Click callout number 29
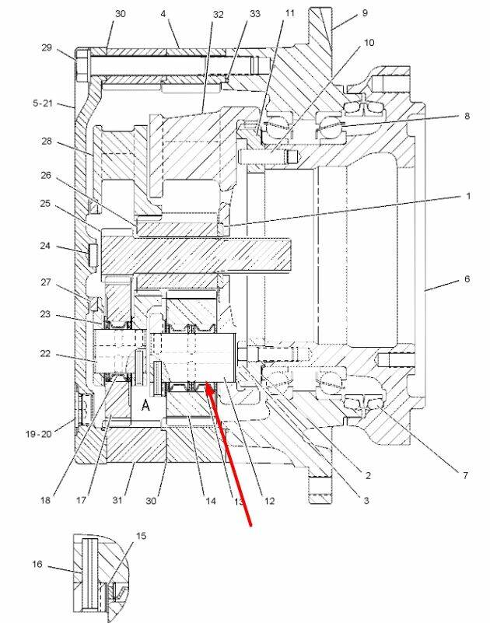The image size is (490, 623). coord(47,47)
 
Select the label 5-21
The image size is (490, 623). coord(43,103)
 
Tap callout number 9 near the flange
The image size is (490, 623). coord(365,13)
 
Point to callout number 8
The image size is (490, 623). coord(467,116)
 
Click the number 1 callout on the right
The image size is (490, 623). coord(468,196)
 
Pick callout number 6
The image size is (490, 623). coord(467,279)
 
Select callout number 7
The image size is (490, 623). coord(465,474)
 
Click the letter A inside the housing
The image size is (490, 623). coord(146,405)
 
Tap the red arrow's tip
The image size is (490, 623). coord(206,383)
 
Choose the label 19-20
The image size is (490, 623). coord(39,434)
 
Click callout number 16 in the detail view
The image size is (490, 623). coord(37,564)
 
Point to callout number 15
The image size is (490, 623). coord(141,536)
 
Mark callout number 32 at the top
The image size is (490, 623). coord(219,15)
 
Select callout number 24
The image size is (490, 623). coord(45,246)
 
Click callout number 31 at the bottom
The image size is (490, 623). coord(117,500)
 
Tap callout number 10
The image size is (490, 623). coord(369,43)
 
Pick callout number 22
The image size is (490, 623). coord(45,353)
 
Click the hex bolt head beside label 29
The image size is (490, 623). coord(82,65)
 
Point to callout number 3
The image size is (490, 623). coord(366,500)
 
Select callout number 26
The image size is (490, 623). coord(46,175)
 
